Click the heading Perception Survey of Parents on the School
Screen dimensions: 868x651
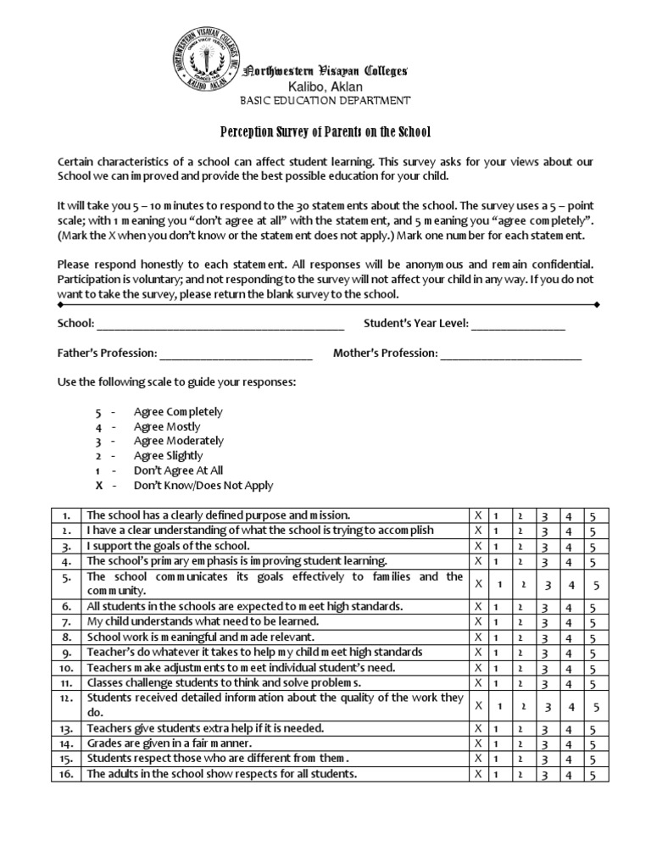[325, 132]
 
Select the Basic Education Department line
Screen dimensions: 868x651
[326, 101]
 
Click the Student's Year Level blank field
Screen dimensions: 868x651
[519, 325]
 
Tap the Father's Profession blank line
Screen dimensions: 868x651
[236, 353]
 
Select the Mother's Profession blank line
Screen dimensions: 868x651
[510, 353]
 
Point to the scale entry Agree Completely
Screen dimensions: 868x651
[178, 412]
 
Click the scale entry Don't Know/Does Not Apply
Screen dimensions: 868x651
[203, 486]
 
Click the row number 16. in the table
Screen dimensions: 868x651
[65, 774]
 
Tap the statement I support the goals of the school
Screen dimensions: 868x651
[169, 546]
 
